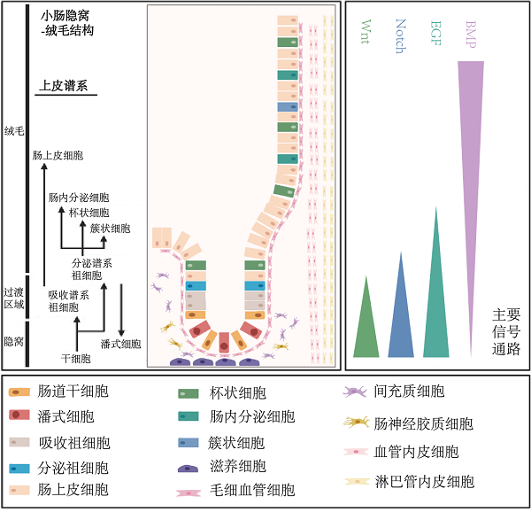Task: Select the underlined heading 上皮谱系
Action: click(x=62, y=86)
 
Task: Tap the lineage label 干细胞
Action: click(x=75, y=359)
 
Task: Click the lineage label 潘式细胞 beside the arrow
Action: click(x=120, y=344)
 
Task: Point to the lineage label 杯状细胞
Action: click(x=88, y=213)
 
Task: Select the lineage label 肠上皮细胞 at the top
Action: click(x=58, y=155)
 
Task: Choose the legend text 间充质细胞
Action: click(x=409, y=391)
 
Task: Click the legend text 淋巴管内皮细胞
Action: click(x=424, y=482)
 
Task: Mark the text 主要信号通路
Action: click(x=506, y=331)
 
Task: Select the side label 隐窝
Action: click(x=13, y=341)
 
